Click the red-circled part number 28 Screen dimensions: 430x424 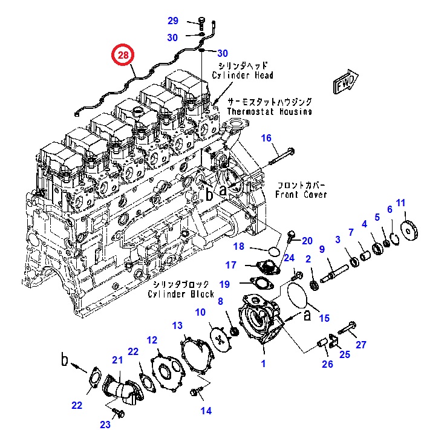point(123,56)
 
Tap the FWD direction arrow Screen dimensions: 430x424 point(346,83)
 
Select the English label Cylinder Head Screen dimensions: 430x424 point(243,75)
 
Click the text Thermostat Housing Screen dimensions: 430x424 point(269,111)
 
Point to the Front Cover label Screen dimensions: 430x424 point(301,194)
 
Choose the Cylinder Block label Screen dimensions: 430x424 point(181,294)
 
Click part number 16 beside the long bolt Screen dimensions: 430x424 point(267,138)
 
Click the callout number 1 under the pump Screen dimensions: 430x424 point(263,363)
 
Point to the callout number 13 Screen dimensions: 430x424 point(177,326)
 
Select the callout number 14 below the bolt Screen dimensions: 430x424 point(206,411)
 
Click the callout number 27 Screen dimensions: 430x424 point(361,345)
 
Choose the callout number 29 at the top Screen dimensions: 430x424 point(173,21)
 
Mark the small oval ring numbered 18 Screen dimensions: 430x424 point(274,250)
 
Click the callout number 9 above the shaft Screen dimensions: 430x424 point(322,249)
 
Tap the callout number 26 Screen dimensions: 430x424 point(327,363)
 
